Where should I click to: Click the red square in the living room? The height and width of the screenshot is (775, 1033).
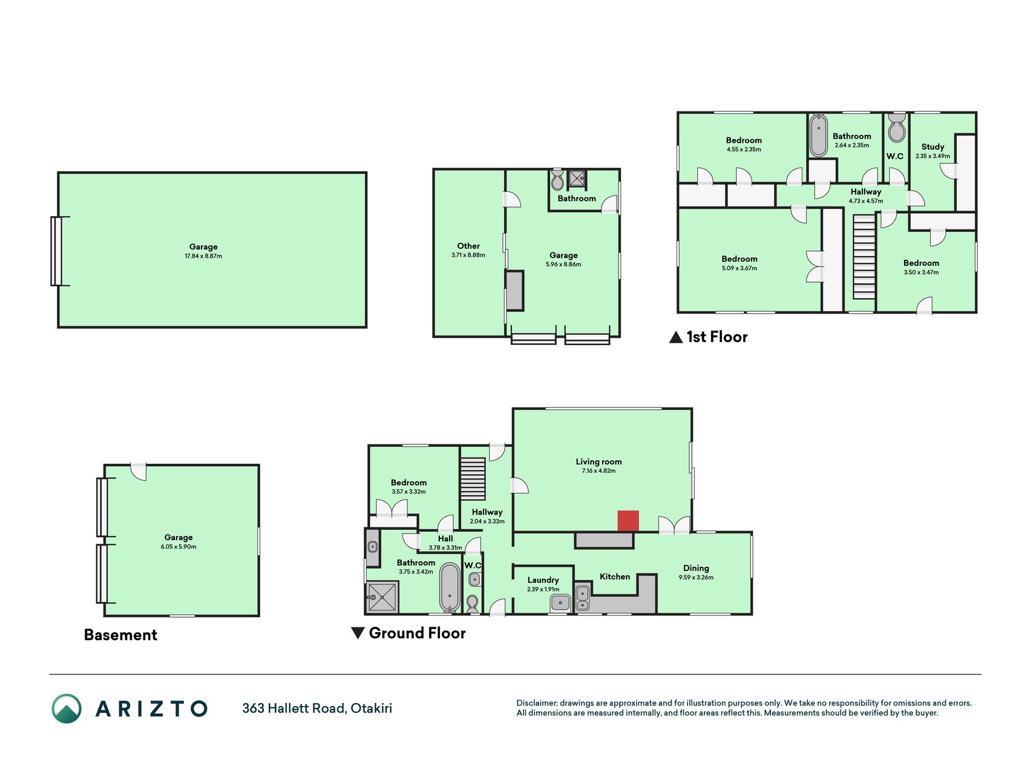[628, 521]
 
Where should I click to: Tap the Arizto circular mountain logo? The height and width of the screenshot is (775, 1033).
[67, 708]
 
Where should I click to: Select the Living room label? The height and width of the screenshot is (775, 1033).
[598, 461]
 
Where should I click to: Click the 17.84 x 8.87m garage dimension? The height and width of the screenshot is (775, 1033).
[203, 256]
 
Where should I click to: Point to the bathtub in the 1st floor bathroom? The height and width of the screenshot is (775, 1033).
[818, 135]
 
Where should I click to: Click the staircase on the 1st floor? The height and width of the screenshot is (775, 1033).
[864, 257]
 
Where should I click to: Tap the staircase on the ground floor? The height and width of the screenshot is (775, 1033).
[473, 479]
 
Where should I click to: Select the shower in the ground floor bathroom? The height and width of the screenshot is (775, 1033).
[382, 597]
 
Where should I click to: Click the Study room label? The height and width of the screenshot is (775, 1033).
[933, 147]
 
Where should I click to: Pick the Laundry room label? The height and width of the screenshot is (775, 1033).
[543, 579]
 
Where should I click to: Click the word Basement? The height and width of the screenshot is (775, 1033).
[120, 635]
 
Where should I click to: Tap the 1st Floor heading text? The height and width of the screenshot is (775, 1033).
[717, 337]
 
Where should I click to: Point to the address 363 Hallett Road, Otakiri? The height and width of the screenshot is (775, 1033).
[317, 708]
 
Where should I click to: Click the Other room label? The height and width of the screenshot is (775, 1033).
[468, 246]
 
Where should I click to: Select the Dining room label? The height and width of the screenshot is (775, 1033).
[696, 568]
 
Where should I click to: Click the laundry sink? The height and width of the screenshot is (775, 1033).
[560, 603]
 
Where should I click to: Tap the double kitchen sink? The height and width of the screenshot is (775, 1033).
[583, 598]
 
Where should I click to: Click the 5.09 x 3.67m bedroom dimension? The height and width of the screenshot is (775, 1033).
[739, 268]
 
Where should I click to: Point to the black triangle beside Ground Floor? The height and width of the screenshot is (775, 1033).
[358, 633]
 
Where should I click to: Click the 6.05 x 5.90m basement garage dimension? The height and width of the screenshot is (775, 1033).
[179, 547]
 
